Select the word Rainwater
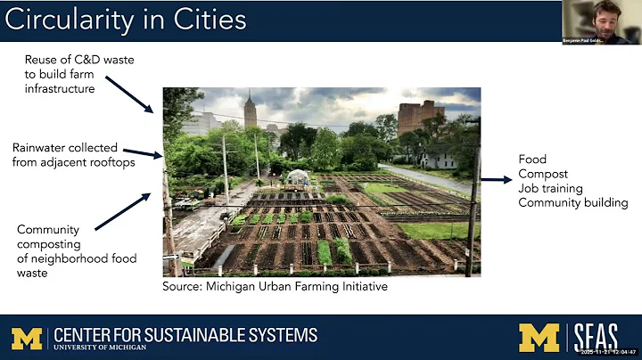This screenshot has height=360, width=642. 45,147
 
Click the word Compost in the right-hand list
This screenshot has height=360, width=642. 544,174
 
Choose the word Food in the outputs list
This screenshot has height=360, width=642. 533,160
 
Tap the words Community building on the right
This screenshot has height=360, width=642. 572,203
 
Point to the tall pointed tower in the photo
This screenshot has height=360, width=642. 250,111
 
